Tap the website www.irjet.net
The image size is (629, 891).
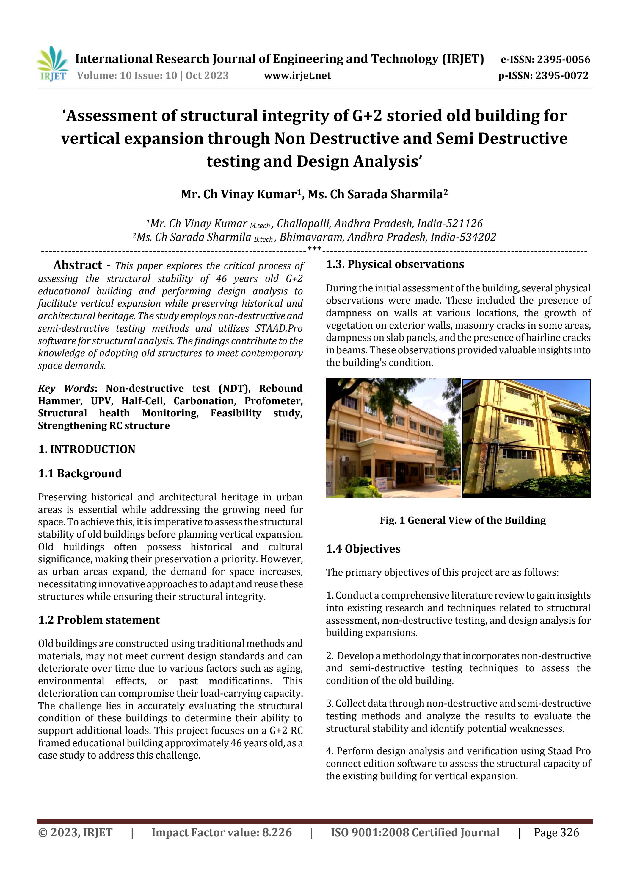[297, 76]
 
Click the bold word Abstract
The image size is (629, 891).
[78, 266]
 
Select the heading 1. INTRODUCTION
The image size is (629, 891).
[87, 450]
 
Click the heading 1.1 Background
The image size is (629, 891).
[80, 473]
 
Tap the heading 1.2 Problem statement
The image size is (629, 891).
[99, 620]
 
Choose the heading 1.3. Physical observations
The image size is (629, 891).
[395, 264]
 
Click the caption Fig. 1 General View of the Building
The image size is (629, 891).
[463, 520]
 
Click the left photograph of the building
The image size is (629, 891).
[393, 438]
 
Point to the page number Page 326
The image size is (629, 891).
[556, 832]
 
